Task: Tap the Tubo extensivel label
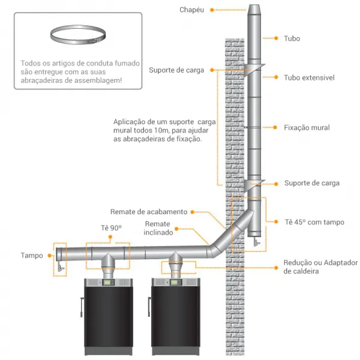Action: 309,77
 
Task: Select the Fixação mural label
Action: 307,128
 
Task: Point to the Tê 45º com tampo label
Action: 314,222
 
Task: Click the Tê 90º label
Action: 111,228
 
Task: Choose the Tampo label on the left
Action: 32,255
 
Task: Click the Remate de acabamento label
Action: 149,212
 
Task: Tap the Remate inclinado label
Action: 158,228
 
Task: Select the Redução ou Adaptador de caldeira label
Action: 320,267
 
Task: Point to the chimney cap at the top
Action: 254,12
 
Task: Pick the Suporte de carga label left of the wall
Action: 176,70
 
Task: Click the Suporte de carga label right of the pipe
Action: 311,183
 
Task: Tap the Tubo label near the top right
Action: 292,38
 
